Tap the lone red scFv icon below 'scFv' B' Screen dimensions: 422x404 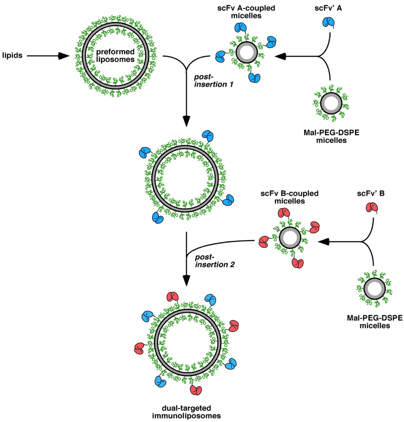pyautogui.click(x=371, y=208)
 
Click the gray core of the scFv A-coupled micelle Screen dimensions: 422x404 pyautogui.click(x=247, y=52)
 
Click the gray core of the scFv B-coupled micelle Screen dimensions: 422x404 pyautogui.click(x=290, y=239)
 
